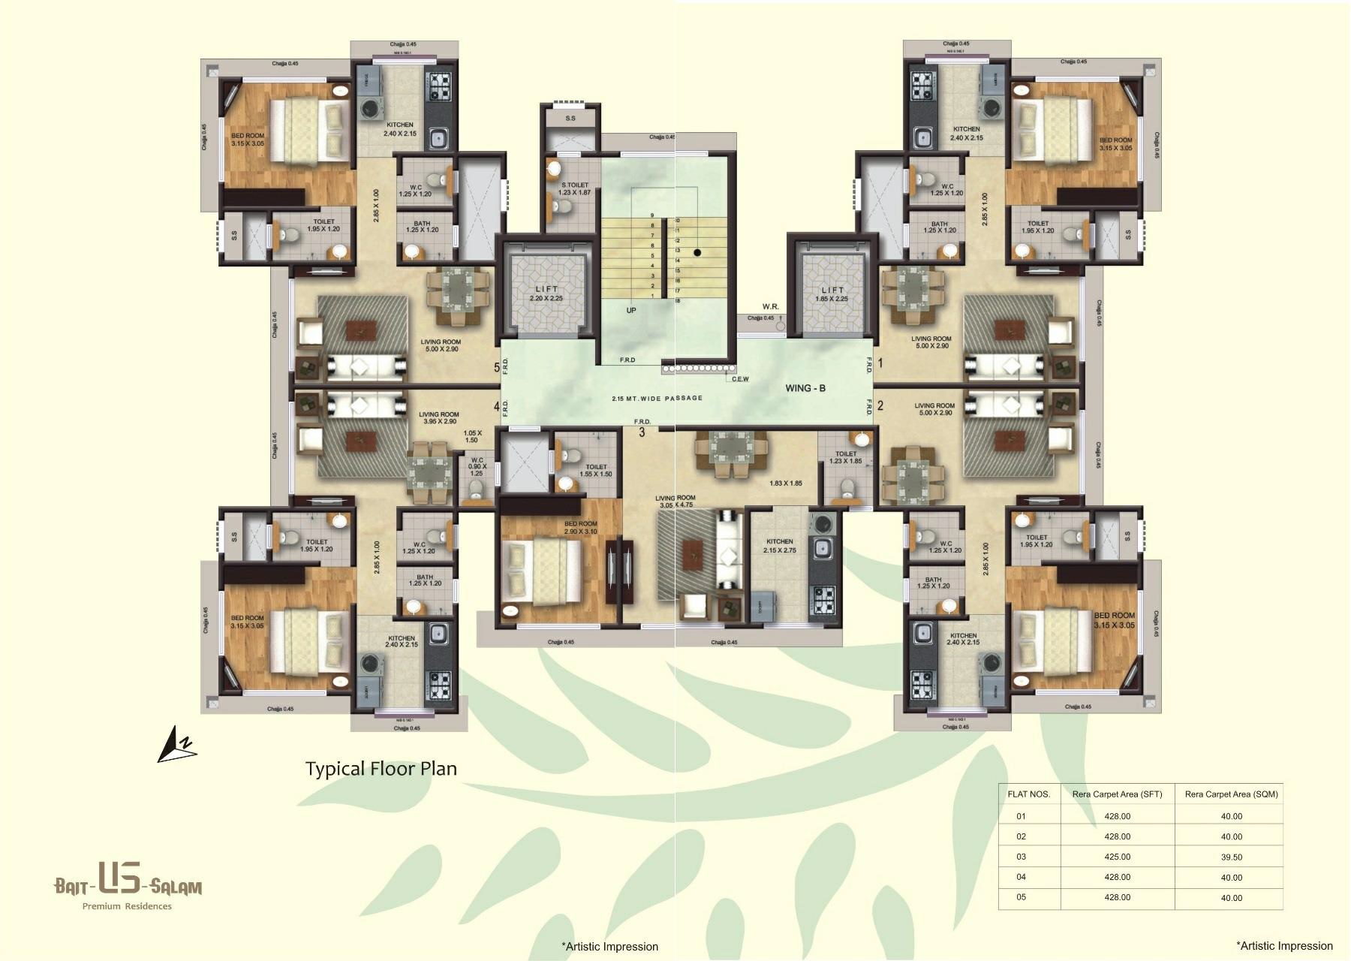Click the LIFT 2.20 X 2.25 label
546,294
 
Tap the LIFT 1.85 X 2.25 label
832,294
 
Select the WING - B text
805,388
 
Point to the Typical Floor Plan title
381,768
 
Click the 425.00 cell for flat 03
1117,857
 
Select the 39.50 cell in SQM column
1231,857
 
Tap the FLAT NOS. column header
1028,794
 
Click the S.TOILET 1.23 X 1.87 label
575,188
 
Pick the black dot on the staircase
697,253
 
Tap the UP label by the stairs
631,310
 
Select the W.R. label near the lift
770,306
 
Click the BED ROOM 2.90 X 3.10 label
580,527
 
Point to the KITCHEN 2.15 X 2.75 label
779,546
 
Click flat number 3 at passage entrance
642,432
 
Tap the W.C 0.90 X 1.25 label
476,467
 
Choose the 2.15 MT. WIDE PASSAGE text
657,398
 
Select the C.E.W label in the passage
740,379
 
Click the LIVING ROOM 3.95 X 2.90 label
439,418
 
